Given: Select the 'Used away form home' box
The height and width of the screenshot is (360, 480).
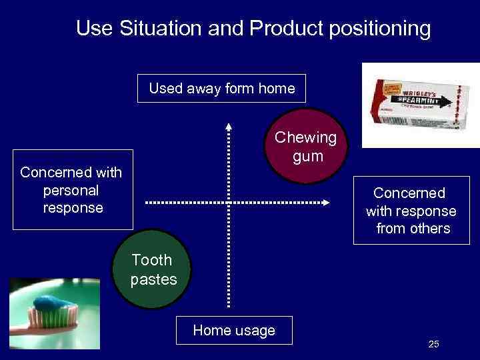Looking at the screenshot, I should tap(221, 88).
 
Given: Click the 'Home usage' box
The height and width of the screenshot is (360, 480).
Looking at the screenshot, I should tap(233, 330).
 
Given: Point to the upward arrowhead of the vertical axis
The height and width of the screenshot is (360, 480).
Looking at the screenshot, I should tap(229, 125).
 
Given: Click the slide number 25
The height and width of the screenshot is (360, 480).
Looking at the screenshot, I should tap(433, 344).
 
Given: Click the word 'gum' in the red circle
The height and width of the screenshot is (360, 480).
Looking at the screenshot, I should tap(307, 157).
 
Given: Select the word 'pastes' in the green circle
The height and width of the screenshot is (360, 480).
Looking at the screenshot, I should tap(153, 279).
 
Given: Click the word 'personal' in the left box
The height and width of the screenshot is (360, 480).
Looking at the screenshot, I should tap(71, 190).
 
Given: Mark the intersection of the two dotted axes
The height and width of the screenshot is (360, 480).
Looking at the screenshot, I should tap(229, 202).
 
